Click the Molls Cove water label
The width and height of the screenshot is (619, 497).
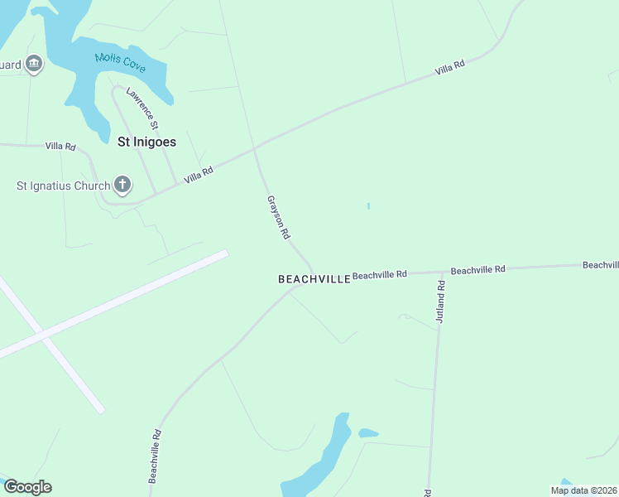[120, 60]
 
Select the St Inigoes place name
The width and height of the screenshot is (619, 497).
[146, 142]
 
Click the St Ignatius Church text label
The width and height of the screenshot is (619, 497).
[64, 186]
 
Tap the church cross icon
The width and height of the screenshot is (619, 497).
[122, 185]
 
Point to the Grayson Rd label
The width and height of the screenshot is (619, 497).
[278, 217]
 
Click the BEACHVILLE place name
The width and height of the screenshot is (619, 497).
[314, 280]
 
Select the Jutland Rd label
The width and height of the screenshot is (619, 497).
[440, 302]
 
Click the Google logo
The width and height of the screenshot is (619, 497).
[27, 487]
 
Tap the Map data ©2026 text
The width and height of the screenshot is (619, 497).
[583, 490]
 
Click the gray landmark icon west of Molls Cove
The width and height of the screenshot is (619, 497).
[34, 63]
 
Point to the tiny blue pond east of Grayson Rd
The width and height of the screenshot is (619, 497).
[368, 205]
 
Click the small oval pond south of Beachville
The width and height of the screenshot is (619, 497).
[368, 432]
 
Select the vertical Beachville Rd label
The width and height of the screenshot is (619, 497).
[154, 456]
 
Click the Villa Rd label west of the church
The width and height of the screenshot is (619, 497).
[60, 147]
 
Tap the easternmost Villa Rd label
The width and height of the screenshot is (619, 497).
[449, 68]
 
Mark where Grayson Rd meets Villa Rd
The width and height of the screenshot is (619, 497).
[255, 150]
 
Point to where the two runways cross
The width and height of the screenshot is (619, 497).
[41, 335]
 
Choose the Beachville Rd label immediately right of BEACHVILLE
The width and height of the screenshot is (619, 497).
[380, 274]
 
